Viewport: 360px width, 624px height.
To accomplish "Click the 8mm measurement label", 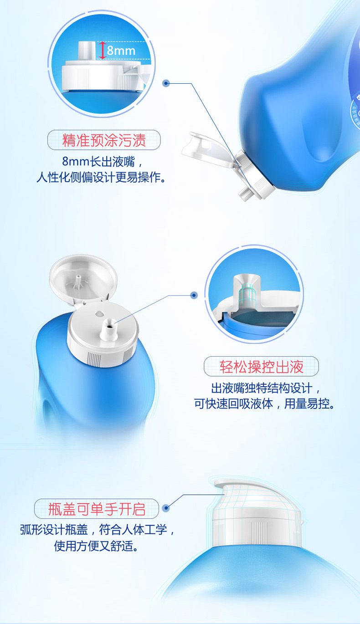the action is tap(121, 51).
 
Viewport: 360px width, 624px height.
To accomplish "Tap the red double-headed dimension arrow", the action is tap(103, 50).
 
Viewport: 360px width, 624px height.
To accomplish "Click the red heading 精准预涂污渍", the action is tap(104, 140).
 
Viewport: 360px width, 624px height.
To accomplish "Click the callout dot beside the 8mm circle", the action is tap(166, 83).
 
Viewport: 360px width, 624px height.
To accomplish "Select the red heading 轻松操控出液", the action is tap(261, 366).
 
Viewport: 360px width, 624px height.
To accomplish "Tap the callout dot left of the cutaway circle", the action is tap(194, 295).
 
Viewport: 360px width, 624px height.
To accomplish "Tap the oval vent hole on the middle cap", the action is tap(99, 314).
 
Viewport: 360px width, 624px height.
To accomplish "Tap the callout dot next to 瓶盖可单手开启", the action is tap(166, 508).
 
